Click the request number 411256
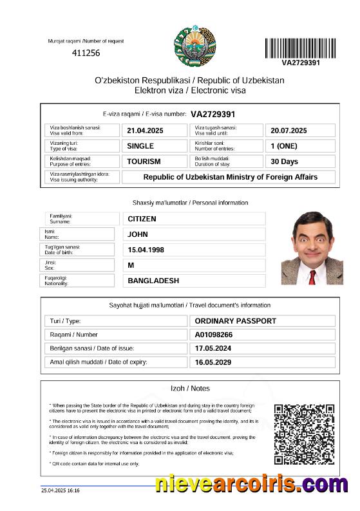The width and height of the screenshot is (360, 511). click(x=86, y=53)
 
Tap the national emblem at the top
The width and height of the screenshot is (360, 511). click(x=191, y=44)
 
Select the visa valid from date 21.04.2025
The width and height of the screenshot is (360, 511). click(x=145, y=131)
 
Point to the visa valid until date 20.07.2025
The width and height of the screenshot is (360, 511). click(x=289, y=131)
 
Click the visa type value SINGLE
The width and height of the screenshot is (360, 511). click(x=140, y=146)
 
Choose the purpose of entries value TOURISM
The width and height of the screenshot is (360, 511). click(x=144, y=162)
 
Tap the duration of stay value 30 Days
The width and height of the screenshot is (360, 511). click(x=285, y=162)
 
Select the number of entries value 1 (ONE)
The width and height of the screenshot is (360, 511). click(x=284, y=146)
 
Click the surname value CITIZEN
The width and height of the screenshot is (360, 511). click(x=142, y=219)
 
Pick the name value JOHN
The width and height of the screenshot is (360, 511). click(x=138, y=234)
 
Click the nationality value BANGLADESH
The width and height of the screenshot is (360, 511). click(x=153, y=281)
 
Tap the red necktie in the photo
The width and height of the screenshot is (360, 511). click(x=312, y=277)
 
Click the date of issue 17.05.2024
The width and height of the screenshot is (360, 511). click(x=213, y=348)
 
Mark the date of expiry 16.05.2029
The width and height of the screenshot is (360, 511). click(x=213, y=362)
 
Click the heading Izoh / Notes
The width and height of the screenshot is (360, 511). click(x=189, y=389)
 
